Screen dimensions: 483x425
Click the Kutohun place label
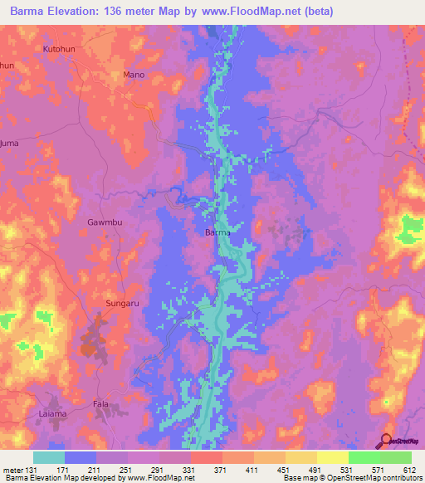58,50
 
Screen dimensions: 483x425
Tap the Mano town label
134,75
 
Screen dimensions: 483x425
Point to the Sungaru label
123,305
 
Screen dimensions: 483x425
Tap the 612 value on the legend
410,470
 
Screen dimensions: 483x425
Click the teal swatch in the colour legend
49,457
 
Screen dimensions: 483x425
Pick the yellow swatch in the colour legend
331,457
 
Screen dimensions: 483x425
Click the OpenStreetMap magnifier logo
386,442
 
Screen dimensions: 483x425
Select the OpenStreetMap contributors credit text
365,478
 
